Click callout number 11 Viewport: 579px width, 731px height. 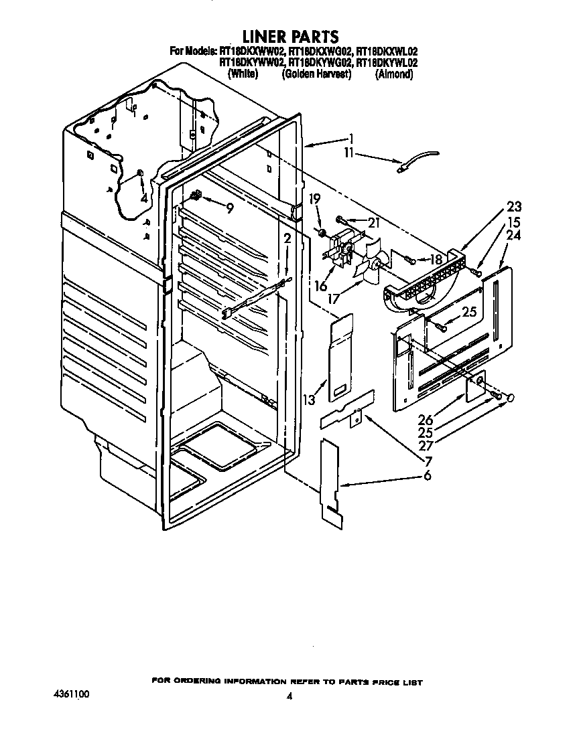click(349, 153)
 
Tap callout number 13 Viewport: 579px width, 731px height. click(308, 400)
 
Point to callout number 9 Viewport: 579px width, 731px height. click(230, 208)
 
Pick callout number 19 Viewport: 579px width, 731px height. click(315, 199)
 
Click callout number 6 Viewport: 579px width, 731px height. click(427, 476)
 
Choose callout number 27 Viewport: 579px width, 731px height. click(426, 446)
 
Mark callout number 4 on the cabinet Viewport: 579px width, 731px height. click(143, 198)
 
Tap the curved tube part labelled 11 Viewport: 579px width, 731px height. click(419, 161)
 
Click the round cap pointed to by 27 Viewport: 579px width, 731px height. click(510, 397)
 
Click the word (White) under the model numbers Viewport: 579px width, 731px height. click(243, 74)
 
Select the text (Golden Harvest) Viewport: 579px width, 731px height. click(316, 74)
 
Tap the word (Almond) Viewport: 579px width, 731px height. click(394, 74)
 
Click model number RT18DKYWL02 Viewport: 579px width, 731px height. click(387, 62)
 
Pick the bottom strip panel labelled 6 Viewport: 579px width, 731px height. click(331, 483)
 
